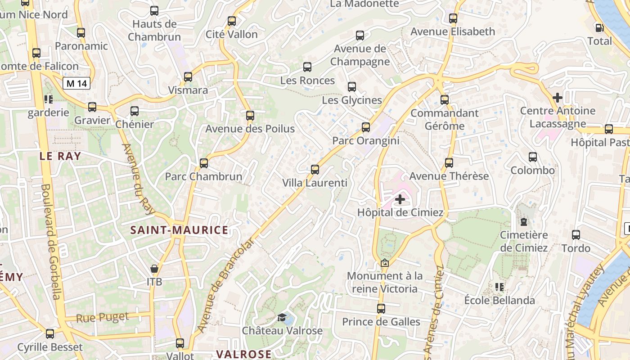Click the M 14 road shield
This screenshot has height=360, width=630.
click(77, 83)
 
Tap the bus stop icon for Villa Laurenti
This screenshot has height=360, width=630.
click(315, 170)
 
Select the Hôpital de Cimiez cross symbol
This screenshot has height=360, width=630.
click(400, 199)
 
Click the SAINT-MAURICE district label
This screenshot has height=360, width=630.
click(179, 230)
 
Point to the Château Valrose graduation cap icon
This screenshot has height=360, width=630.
click(282, 318)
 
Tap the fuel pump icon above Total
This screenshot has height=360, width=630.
click(599, 28)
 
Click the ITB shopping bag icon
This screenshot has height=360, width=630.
click(154, 269)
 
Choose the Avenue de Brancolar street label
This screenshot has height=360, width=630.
click(226, 286)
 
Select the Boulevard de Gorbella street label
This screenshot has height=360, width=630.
click(51, 241)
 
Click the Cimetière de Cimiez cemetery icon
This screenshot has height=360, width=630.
click(524, 221)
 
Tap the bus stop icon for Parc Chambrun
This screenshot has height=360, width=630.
click(204, 163)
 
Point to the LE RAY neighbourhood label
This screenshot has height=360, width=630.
click(60, 156)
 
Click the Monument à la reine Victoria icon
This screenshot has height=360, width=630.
click(385, 263)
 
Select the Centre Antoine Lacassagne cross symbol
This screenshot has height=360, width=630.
click(558, 97)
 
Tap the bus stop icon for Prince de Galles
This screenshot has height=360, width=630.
click(381, 308)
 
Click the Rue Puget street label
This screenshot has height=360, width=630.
click(102, 317)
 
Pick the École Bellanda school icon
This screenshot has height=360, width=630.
click(499, 287)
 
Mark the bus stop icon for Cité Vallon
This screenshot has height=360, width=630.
click(232, 21)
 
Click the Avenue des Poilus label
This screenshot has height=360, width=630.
click(250, 129)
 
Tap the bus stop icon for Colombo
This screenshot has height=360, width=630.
click(533, 157)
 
